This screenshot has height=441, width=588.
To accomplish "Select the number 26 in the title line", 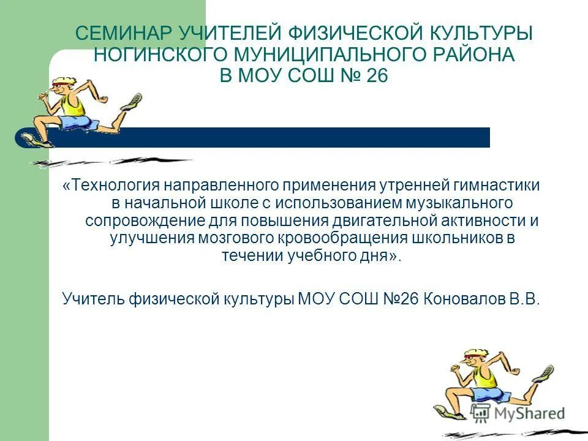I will click(375, 76).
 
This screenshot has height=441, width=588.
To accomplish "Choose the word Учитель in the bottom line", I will click(93, 299).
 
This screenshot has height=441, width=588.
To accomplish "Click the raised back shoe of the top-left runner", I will click(132, 101).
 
